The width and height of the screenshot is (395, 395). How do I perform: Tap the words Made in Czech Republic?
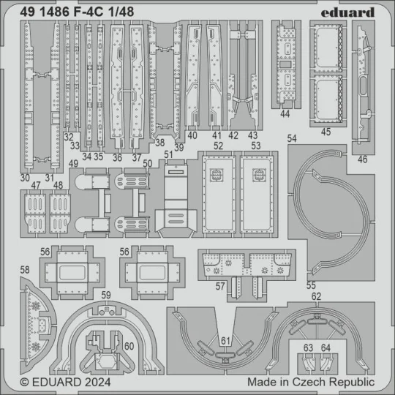310,382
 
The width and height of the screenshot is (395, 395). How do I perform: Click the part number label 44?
285,114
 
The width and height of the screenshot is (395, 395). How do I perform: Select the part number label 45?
326,132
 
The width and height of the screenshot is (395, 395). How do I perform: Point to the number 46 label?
363,157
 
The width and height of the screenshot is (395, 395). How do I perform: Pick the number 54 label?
292,138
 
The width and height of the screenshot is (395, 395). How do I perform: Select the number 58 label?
25,270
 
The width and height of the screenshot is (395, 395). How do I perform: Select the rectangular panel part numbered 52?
217,194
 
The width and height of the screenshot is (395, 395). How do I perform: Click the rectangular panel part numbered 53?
257,194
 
